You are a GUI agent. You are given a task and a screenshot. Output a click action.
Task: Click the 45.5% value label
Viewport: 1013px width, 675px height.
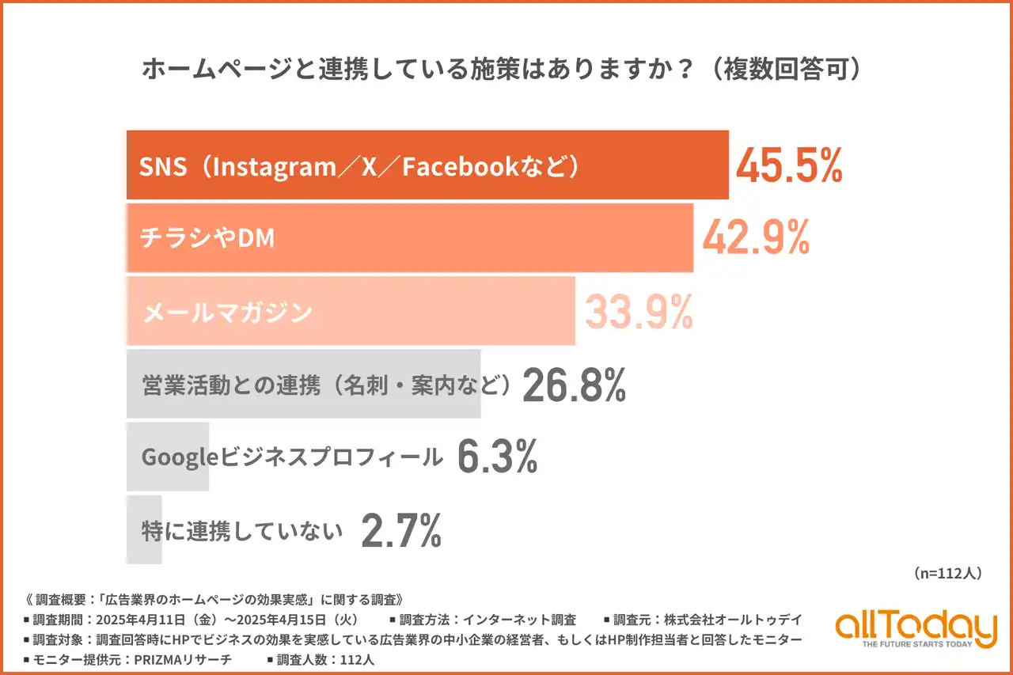click(789, 165)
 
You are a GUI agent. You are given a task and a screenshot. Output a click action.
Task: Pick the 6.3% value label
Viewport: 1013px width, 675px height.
click(498, 457)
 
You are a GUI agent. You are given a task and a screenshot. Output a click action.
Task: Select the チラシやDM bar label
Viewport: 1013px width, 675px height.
click(207, 238)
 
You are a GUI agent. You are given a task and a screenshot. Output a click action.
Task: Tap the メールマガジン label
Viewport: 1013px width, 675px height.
click(227, 313)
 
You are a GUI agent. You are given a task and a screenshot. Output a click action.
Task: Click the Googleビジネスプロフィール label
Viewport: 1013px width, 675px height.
click(291, 457)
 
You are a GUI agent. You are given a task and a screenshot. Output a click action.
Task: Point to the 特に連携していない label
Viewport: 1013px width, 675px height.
click(242, 531)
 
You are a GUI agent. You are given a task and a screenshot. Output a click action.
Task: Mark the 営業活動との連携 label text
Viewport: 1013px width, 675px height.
click(231, 385)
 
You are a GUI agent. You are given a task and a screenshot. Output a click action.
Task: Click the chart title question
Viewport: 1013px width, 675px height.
click(501, 70)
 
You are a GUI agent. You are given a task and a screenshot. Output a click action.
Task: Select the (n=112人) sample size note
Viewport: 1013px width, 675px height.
click(947, 573)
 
